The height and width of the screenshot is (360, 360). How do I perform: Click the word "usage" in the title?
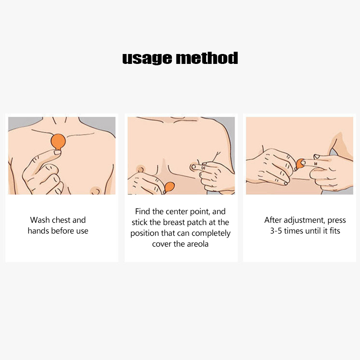click(x=147, y=58)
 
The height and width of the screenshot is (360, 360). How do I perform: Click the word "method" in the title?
click(x=207, y=58)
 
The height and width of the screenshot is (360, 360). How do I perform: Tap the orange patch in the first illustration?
click(x=58, y=142)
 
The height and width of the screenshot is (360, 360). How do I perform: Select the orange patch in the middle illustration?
click(x=169, y=187)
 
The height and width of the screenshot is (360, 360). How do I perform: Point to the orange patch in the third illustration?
click(x=300, y=164)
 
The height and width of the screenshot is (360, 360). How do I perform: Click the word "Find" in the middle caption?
click(x=142, y=211)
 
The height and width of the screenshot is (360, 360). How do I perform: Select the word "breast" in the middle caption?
click(x=174, y=222)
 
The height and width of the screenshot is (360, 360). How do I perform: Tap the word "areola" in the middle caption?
click(x=198, y=244)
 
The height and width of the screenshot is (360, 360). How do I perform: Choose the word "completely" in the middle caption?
click(x=211, y=233)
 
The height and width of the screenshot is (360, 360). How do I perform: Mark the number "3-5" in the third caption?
click(x=276, y=231)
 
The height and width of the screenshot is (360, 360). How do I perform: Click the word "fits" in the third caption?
click(x=335, y=231)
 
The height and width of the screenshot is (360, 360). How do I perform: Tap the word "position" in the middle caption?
click(x=144, y=234)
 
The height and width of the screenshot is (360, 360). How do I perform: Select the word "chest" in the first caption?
click(x=60, y=220)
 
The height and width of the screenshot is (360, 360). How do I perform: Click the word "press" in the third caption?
click(x=337, y=220)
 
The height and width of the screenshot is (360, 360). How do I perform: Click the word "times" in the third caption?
click(x=294, y=231)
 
